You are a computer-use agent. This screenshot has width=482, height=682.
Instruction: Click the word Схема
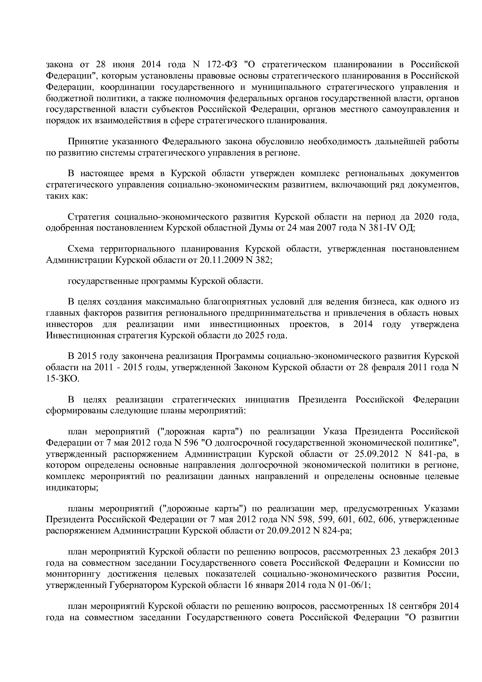pos(81,249)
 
